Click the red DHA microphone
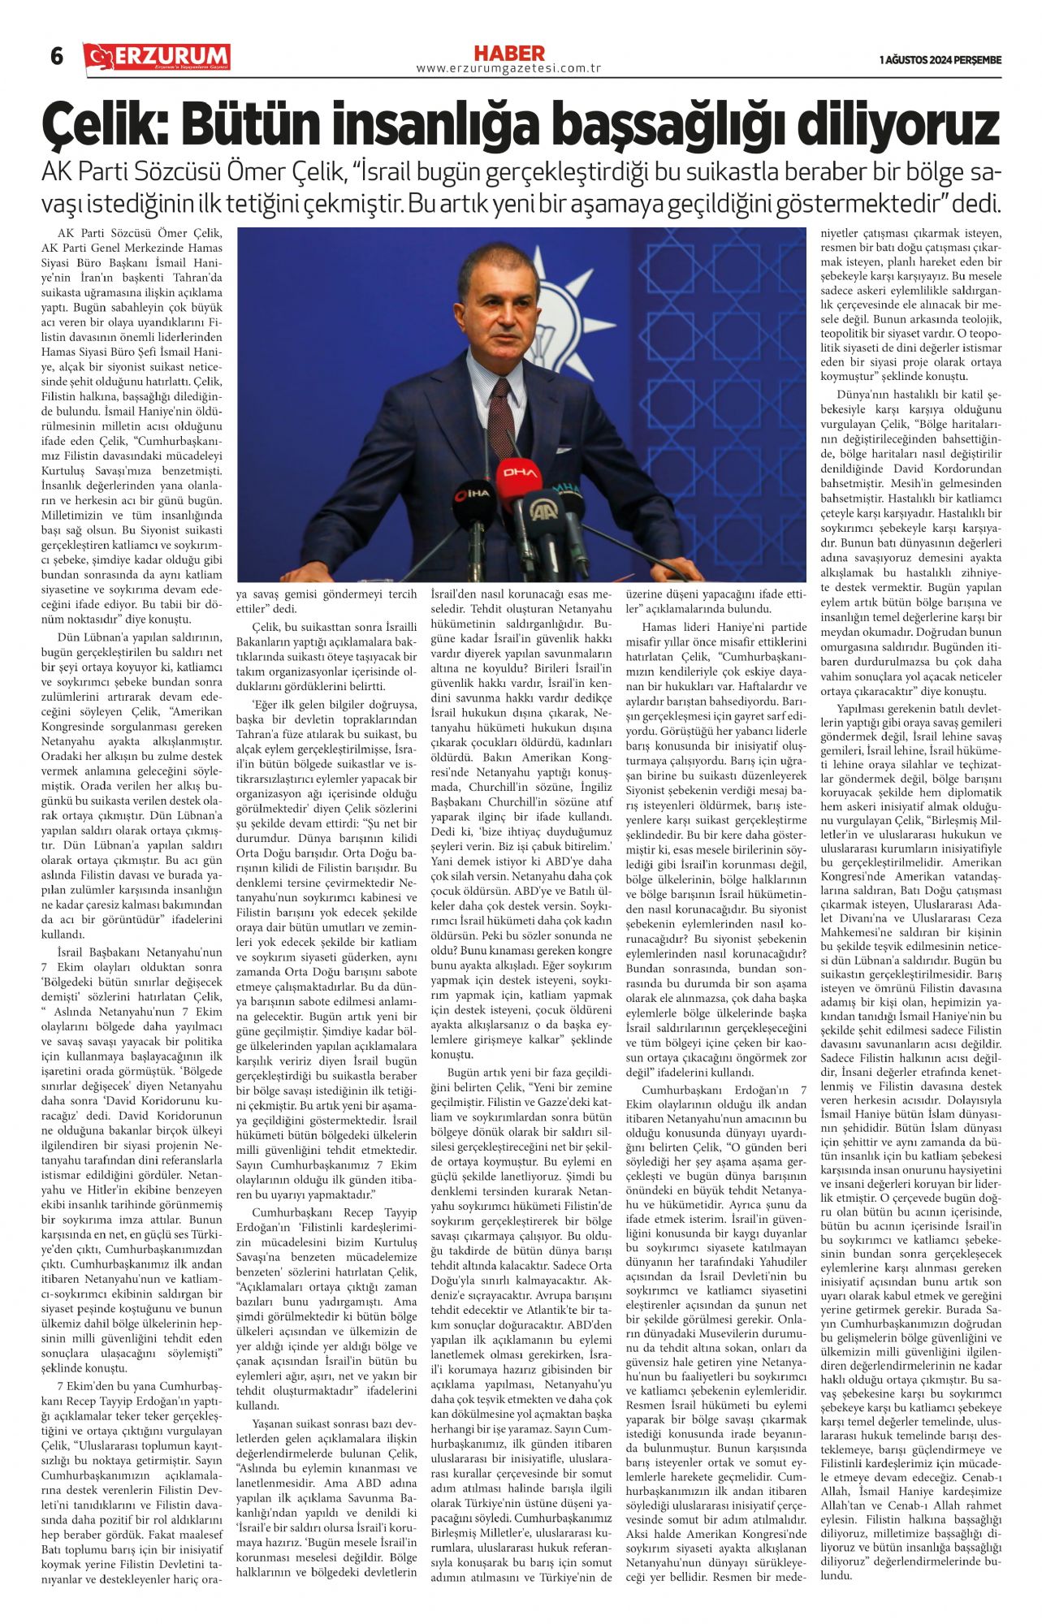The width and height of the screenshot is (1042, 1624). click(x=517, y=472)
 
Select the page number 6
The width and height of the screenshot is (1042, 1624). click(x=57, y=57)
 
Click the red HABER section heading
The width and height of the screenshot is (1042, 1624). click(x=509, y=54)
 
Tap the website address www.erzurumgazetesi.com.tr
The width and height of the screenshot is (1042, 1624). click(x=508, y=69)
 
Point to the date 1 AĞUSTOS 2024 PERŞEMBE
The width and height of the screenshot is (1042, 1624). click(x=940, y=60)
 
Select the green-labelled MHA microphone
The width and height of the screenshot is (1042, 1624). click(x=567, y=493)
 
